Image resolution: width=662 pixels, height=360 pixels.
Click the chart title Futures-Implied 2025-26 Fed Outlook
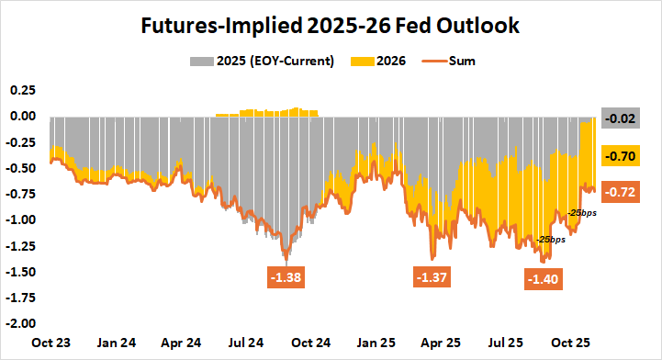tap(331, 26)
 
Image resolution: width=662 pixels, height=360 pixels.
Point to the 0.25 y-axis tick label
tap(22, 91)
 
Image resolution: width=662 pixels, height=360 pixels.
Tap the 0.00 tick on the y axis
tap(22, 117)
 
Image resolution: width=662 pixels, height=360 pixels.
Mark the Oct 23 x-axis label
tap(52, 343)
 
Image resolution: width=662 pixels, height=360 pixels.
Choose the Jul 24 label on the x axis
tap(247, 343)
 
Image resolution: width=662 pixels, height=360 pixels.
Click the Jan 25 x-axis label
tap(376, 343)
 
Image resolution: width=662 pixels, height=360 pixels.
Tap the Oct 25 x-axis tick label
tap(571, 343)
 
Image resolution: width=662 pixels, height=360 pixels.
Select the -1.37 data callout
tap(431, 276)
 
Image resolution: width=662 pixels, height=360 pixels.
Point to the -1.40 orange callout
tap(544, 278)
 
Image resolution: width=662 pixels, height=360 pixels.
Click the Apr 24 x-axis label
tap(182, 343)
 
